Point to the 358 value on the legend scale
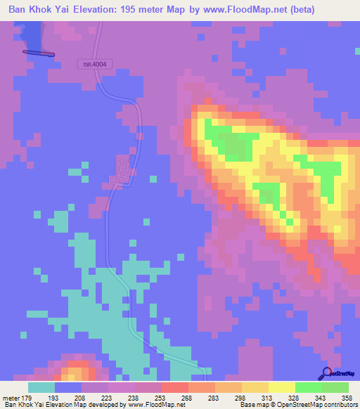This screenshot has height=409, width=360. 347,397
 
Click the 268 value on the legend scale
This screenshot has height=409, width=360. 188,397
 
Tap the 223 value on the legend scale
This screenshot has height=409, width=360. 108,397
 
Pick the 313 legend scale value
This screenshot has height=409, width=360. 267,397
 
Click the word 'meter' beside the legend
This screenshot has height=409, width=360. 11,397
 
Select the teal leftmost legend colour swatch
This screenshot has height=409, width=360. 41,387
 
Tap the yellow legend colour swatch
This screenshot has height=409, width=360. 281,387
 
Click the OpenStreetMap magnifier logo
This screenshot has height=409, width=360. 327,374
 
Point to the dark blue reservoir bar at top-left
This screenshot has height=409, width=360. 39,52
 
